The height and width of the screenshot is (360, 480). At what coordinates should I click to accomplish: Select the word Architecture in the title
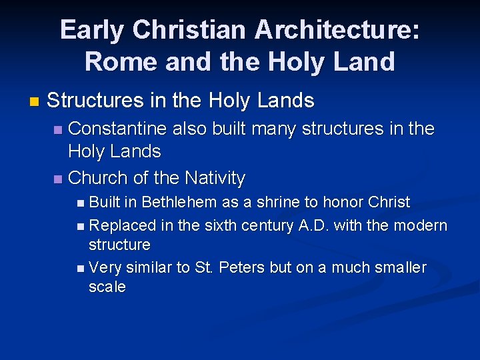point(335,30)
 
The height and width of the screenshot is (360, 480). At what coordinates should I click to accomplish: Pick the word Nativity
point(215,178)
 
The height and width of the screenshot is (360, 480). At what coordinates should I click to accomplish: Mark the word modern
point(420,225)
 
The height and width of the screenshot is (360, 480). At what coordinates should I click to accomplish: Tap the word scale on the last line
point(107,287)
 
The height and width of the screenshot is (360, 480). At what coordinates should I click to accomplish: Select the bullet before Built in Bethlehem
point(80,203)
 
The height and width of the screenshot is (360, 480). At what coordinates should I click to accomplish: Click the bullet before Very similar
point(80,268)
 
